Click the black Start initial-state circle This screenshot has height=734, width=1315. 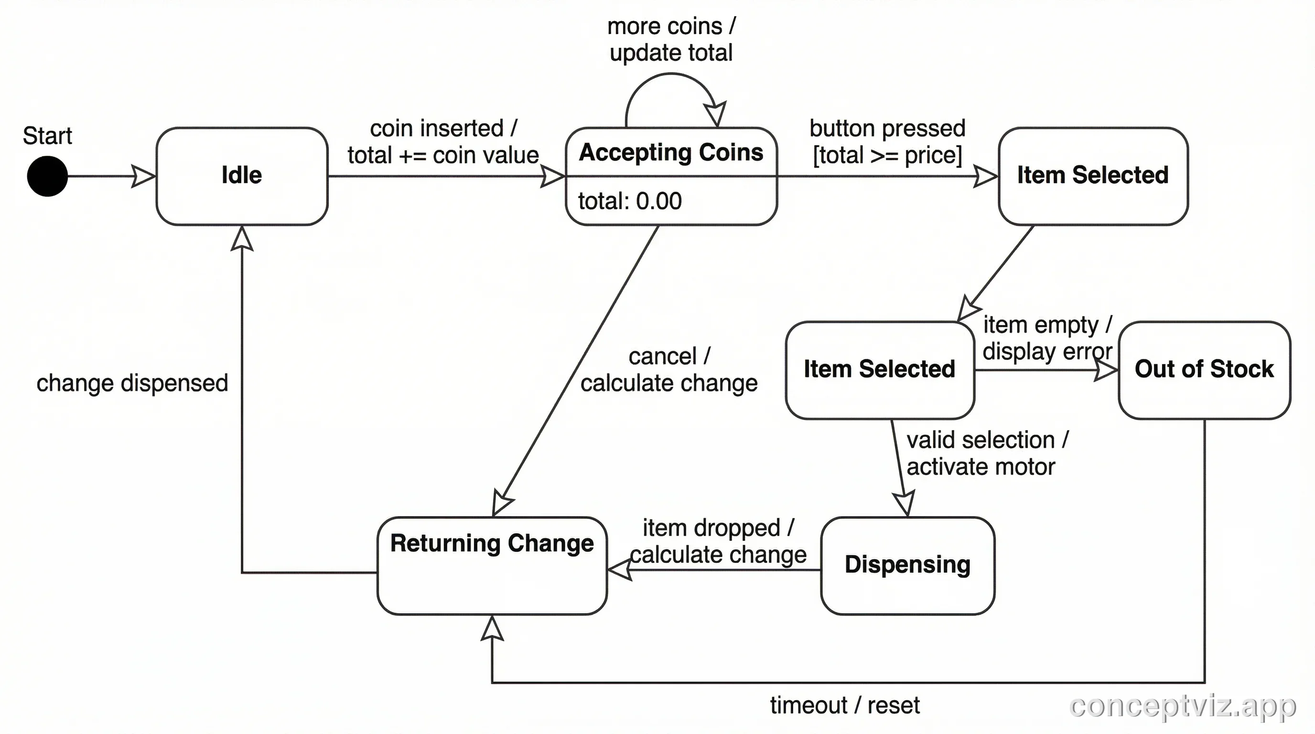pyautogui.click(x=47, y=176)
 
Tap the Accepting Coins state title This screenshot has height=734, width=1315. pyautogui.click(x=671, y=152)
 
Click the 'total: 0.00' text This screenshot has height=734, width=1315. pyautogui.click(x=629, y=201)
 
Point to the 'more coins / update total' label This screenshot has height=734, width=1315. pyautogui.click(x=671, y=39)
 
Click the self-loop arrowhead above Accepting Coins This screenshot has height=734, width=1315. pyautogui.click(x=715, y=113)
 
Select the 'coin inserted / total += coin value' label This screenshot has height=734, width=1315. pyautogui.click(x=443, y=141)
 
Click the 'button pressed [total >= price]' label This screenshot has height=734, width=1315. pyautogui.click(x=887, y=141)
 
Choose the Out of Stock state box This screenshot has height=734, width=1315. pyautogui.click(x=1204, y=369)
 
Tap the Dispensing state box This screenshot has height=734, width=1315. pyautogui.click(x=907, y=565)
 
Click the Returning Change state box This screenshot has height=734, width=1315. pyautogui.click(x=492, y=565)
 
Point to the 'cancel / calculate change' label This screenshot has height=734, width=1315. pyautogui.click(x=669, y=369)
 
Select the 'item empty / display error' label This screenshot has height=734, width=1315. pyautogui.click(x=1047, y=338)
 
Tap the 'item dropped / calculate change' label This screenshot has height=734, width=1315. pyautogui.click(x=718, y=541)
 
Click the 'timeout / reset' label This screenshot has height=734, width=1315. pyautogui.click(x=844, y=705)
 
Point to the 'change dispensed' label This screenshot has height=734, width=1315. pyautogui.click(x=132, y=383)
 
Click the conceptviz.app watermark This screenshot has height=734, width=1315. pyautogui.click(x=1182, y=706)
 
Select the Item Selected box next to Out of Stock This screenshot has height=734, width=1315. pyautogui.click(x=879, y=369)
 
